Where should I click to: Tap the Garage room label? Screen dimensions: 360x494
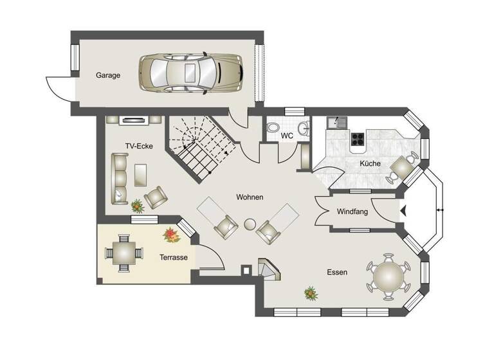coord(108,75)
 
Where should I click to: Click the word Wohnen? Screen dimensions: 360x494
coord(250,197)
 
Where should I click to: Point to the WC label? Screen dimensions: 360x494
coord(287,136)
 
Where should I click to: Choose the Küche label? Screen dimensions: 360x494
coord(370,164)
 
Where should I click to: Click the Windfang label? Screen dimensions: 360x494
coord(352,212)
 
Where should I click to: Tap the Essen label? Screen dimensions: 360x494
coord(337,273)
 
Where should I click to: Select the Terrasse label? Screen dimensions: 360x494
coord(174,257)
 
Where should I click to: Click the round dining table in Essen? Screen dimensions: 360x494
coord(389,276)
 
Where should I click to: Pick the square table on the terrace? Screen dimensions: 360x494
coord(123,249)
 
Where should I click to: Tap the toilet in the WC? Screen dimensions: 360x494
coord(272,127)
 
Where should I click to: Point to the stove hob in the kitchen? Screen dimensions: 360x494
coord(357,138)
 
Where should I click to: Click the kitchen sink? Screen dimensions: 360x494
coord(336,122)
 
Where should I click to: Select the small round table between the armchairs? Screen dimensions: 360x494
coord(250,224)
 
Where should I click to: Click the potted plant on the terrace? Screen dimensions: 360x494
coord(171,235)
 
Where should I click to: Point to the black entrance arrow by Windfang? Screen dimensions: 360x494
coord(403,210)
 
